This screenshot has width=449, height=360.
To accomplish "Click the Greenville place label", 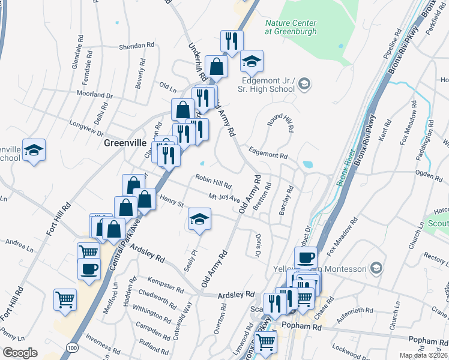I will pos(125,143).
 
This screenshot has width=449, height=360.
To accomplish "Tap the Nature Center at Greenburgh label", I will pos(291,28).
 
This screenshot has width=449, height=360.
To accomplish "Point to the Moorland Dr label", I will pos(95,94).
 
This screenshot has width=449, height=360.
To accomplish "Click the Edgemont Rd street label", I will pos(268,154).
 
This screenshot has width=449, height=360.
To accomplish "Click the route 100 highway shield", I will pos(73,347).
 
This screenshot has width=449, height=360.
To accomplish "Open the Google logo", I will pos(20,353).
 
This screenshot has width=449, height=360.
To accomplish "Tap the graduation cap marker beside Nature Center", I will pos(252,60).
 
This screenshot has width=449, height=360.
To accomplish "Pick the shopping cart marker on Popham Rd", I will pos(265,343).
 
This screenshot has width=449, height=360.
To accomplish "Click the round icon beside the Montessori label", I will pos(376,268).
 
